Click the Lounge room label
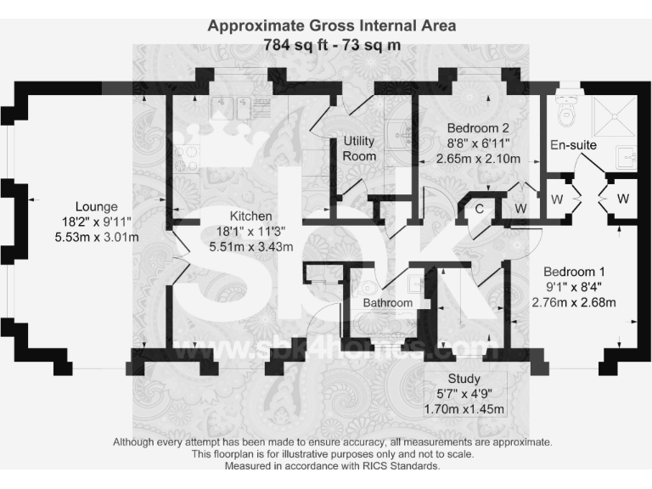[x=96, y=206]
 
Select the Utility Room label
[x=359, y=149]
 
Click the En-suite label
[x=573, y=145]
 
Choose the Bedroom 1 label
[x=574, y=271]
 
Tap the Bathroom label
[x=388, y=303]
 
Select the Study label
[x=464, y=379]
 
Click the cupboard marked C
[x=479, y=208]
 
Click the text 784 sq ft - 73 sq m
[x=332, y=44]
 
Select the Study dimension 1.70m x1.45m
[x=464, y=409]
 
